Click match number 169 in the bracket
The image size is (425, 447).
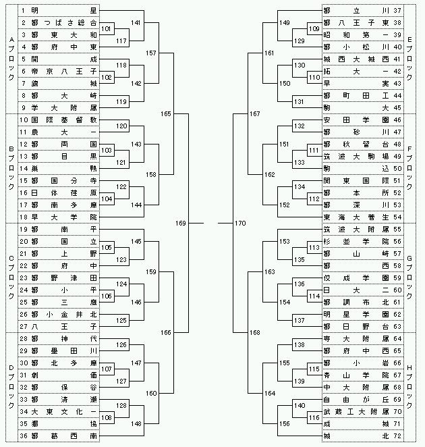click(181, 223)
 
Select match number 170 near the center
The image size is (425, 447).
click(241, 223)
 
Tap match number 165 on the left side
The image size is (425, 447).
click(166, 114)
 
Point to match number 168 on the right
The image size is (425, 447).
click(255, 333)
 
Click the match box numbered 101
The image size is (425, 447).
click(106, 30)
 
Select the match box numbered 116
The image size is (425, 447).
click(314, 418)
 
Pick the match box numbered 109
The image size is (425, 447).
click(314, 30)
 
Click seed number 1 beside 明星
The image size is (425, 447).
click(24, 11)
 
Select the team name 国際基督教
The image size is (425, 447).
click(64, 120)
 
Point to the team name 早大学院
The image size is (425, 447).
click(64, 217)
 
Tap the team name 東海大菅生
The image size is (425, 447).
click(356, 217)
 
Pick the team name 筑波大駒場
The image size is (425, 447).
click(356, 157)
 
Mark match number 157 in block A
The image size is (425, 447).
click(151, 53)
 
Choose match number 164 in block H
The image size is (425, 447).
click(270, 394)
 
